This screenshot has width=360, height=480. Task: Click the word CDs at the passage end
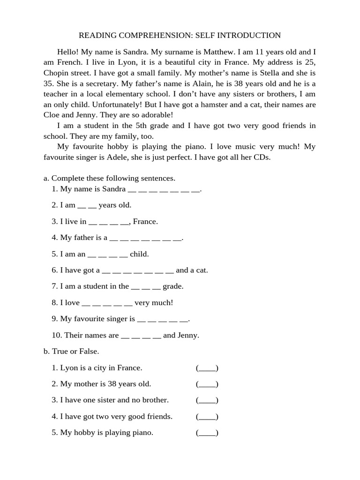click(262, 157)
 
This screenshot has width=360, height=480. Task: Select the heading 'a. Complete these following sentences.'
click(109, 178)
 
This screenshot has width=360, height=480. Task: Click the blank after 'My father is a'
click(145, 238)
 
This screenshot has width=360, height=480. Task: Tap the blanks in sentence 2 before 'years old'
click(87, 205)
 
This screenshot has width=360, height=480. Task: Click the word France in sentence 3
click(145, 221)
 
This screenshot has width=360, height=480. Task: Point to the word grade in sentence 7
click(173, 286)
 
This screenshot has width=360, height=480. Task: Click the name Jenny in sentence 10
click(187, 335)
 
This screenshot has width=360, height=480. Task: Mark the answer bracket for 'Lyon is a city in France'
click(207, 368)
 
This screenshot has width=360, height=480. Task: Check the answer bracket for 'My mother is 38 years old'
click(207, 384)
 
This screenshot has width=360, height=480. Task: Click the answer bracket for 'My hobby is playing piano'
click(207, 433)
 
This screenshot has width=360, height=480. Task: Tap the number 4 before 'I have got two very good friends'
click(54, 416)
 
